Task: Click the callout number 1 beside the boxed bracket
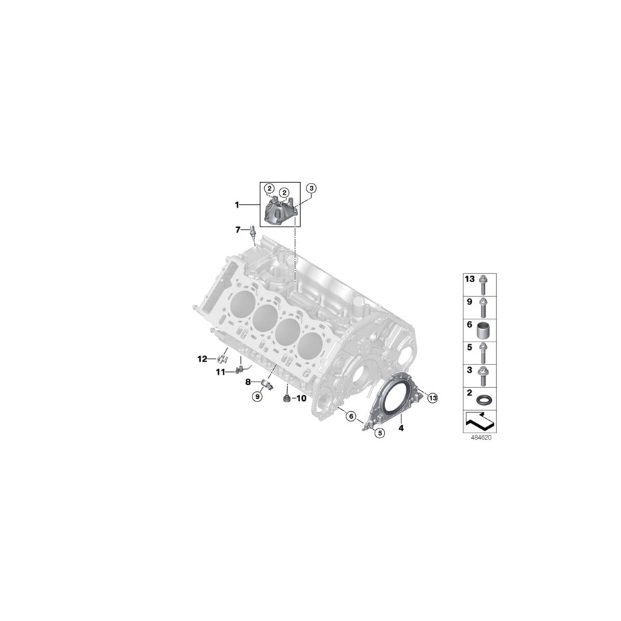coord(237,205)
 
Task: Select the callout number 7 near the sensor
coord(238,229)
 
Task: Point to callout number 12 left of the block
coord(202,359)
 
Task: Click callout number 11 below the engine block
coord(221,372)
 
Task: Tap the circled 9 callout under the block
coord(257,396)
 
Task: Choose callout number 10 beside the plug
coord(302,399)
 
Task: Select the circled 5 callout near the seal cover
coord(379,432)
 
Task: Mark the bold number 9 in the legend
coord(469,302)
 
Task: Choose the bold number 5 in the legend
coord(469,348)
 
